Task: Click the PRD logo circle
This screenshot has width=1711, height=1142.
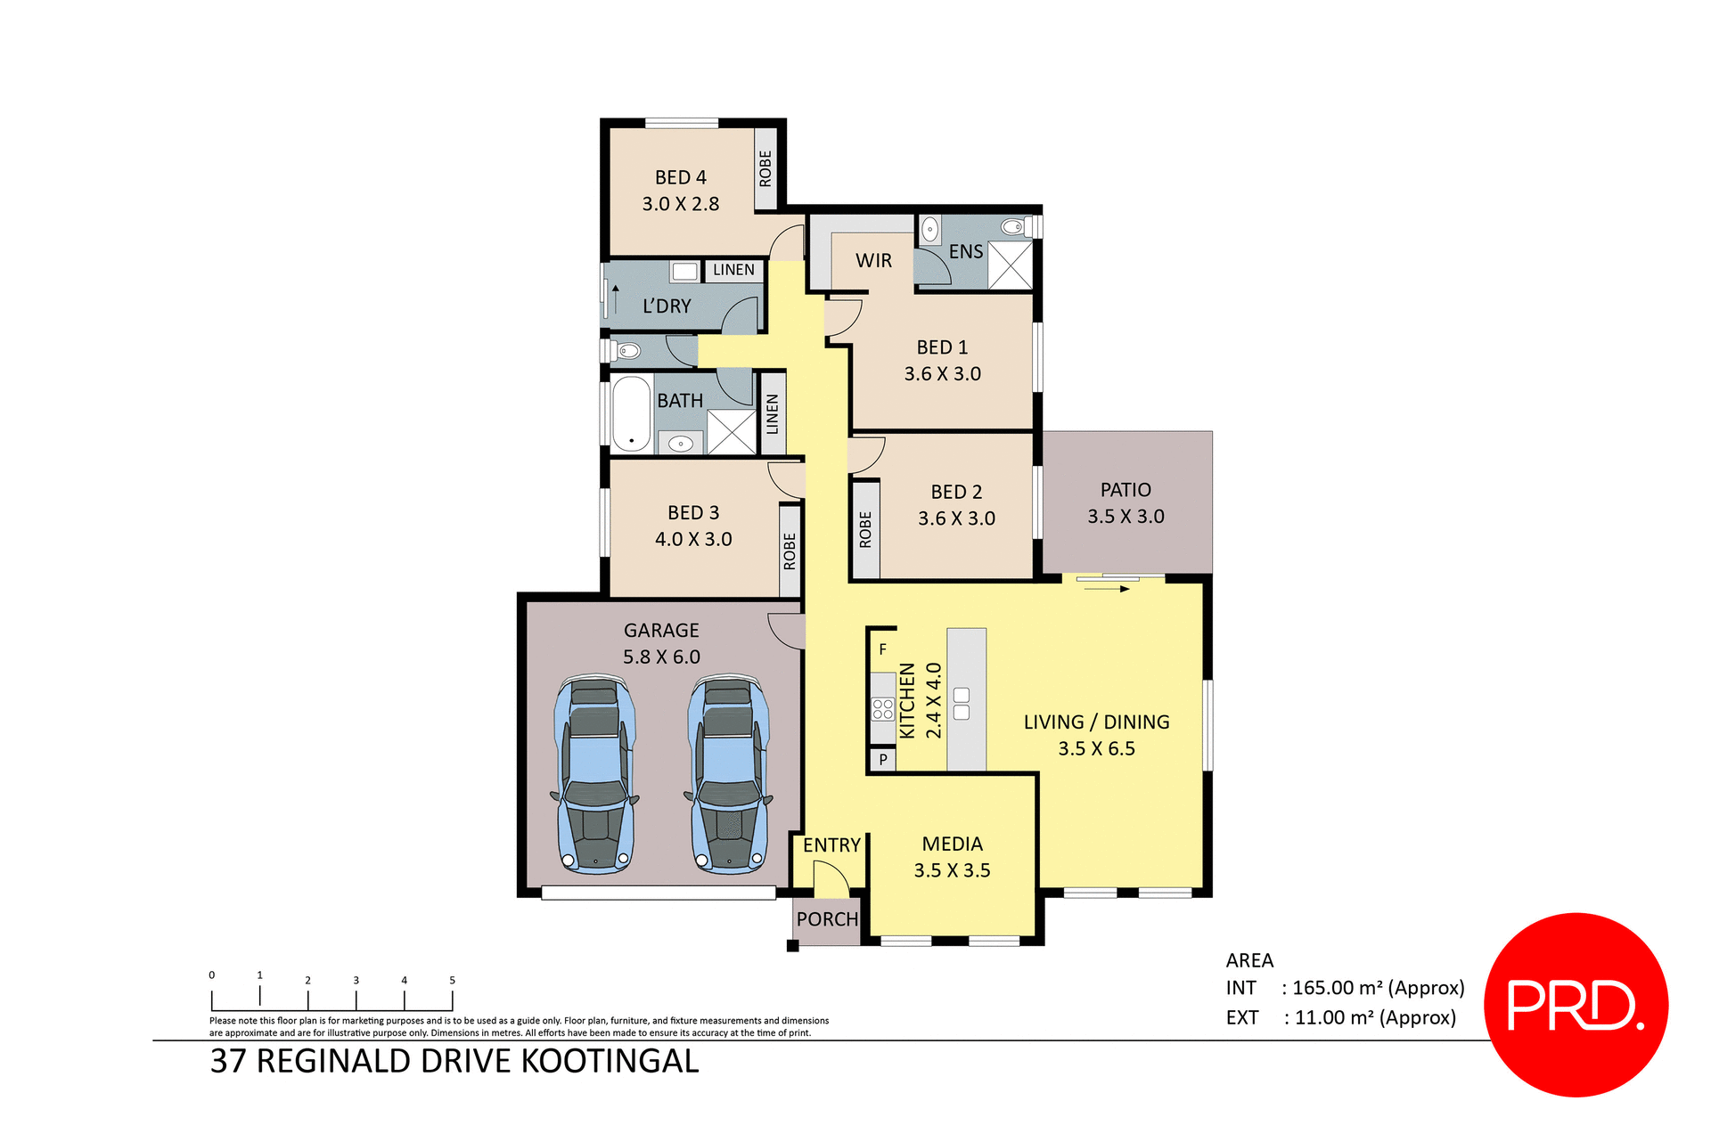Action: point(1576,1005)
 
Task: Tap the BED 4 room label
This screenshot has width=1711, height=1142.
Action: point(680,178)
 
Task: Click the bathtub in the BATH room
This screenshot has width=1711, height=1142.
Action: point(631,413)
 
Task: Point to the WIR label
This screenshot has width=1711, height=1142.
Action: point(873,261)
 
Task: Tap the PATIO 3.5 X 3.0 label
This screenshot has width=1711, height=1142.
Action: point(1126,503)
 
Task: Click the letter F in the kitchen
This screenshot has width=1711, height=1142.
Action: point(883,649)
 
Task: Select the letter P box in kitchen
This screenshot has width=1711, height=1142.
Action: point(883,760)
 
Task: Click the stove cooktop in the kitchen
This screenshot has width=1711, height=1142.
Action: point(883,709)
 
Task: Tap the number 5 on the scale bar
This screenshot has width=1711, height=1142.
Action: point(452,980)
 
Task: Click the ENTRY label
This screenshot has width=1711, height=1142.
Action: point(831,845)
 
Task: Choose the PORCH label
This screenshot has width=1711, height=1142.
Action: point(827,919)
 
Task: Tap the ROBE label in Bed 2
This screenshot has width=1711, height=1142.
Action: point(865,529)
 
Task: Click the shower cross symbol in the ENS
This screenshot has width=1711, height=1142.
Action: point(1011,265)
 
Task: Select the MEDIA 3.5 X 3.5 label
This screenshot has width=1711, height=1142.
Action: point(952,857)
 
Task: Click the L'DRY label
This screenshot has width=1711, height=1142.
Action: point(667,306)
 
